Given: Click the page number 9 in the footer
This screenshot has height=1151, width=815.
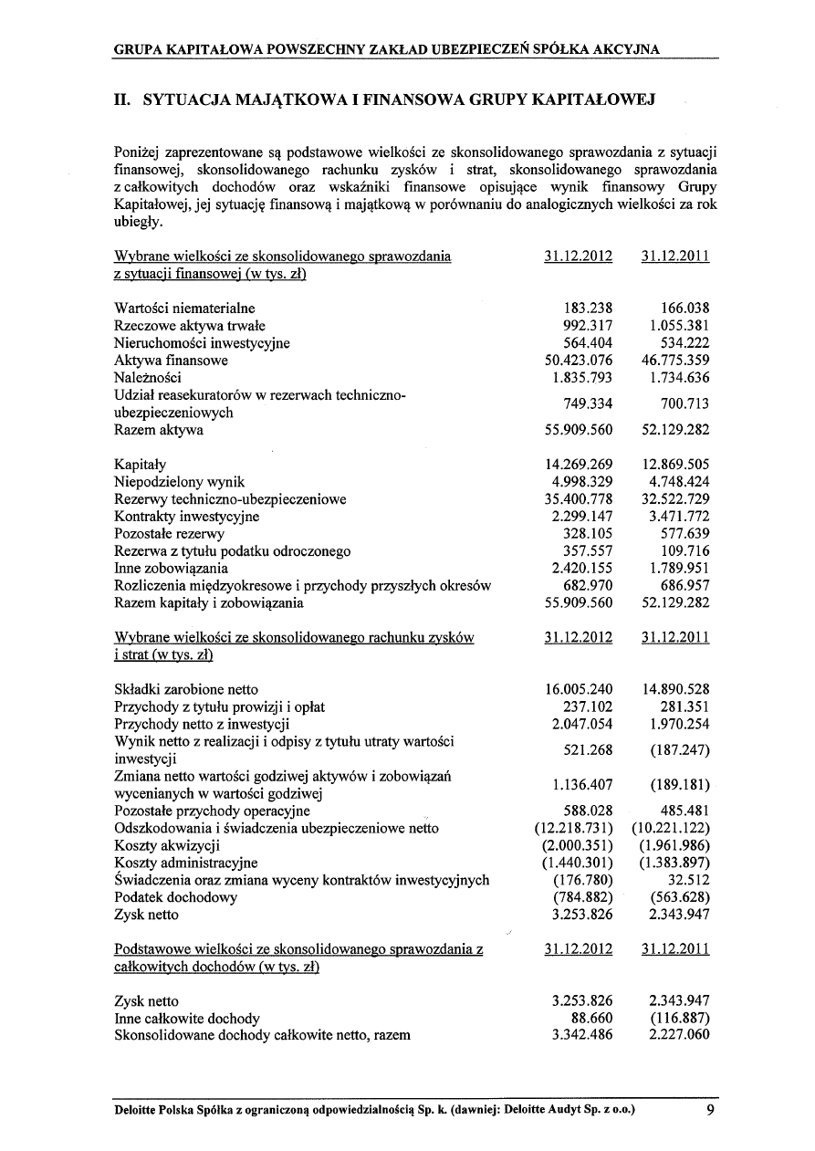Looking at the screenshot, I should pos(710,1110).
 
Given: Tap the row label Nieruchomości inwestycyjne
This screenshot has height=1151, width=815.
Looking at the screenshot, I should pos(202,343).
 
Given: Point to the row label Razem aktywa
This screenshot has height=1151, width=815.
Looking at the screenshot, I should pos(159,430).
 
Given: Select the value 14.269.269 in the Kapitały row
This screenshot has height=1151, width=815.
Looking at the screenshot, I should pos(578,465).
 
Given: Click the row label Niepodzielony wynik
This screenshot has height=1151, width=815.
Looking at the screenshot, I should pos(179,482).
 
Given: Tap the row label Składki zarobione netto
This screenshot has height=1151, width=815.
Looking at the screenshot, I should pos(186,689).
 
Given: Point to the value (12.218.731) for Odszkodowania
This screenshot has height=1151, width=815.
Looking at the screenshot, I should pos(573,829).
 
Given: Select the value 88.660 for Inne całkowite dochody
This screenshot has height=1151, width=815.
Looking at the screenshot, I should pos(589,1019).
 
